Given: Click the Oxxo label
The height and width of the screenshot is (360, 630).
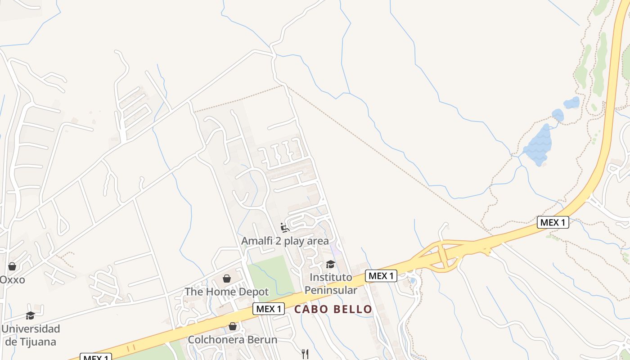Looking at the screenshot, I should coord(12,280).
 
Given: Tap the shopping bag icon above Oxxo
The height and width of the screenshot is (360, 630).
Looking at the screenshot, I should coord(12,266).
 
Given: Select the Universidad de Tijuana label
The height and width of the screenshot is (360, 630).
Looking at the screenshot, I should coord(30,335).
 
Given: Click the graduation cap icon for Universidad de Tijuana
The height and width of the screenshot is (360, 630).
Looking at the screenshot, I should coord(30,315).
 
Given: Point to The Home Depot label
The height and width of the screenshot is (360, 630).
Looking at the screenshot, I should coord(227,292).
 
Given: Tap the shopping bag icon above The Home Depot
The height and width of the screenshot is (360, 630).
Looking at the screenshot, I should coord(227,279).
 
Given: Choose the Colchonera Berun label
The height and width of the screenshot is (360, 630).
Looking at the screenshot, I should coord(233,339).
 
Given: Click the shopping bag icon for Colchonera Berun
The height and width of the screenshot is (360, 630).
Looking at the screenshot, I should coord(233,326).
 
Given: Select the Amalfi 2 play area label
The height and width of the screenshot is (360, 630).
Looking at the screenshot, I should coord(285,241).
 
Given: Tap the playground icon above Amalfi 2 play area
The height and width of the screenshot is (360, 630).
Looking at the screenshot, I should coord(285,227).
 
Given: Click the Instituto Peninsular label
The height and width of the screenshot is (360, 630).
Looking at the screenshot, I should coord(331,283).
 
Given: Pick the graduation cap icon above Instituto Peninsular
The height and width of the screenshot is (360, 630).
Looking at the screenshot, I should coord(331,264).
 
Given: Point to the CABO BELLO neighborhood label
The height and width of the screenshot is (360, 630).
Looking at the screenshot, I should coord(333,309).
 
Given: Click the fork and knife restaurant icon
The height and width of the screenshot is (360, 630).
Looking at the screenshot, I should coord(306,354).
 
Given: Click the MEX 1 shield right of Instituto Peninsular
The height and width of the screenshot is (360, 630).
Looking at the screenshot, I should coord(381,276).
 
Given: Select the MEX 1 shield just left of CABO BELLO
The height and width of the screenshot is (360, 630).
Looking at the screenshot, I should coord(269,309).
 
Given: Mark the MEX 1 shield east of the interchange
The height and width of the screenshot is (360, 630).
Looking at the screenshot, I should coord(553,222).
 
